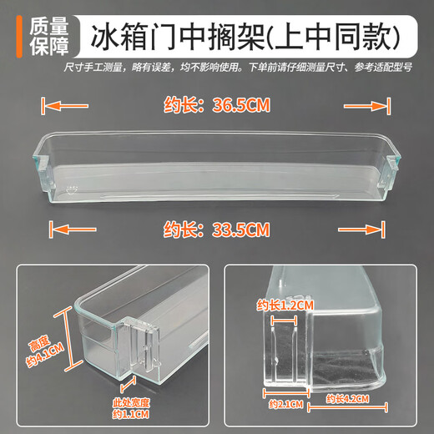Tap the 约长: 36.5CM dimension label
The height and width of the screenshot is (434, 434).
[217, 107]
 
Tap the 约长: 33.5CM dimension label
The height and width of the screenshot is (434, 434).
[217, 226]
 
